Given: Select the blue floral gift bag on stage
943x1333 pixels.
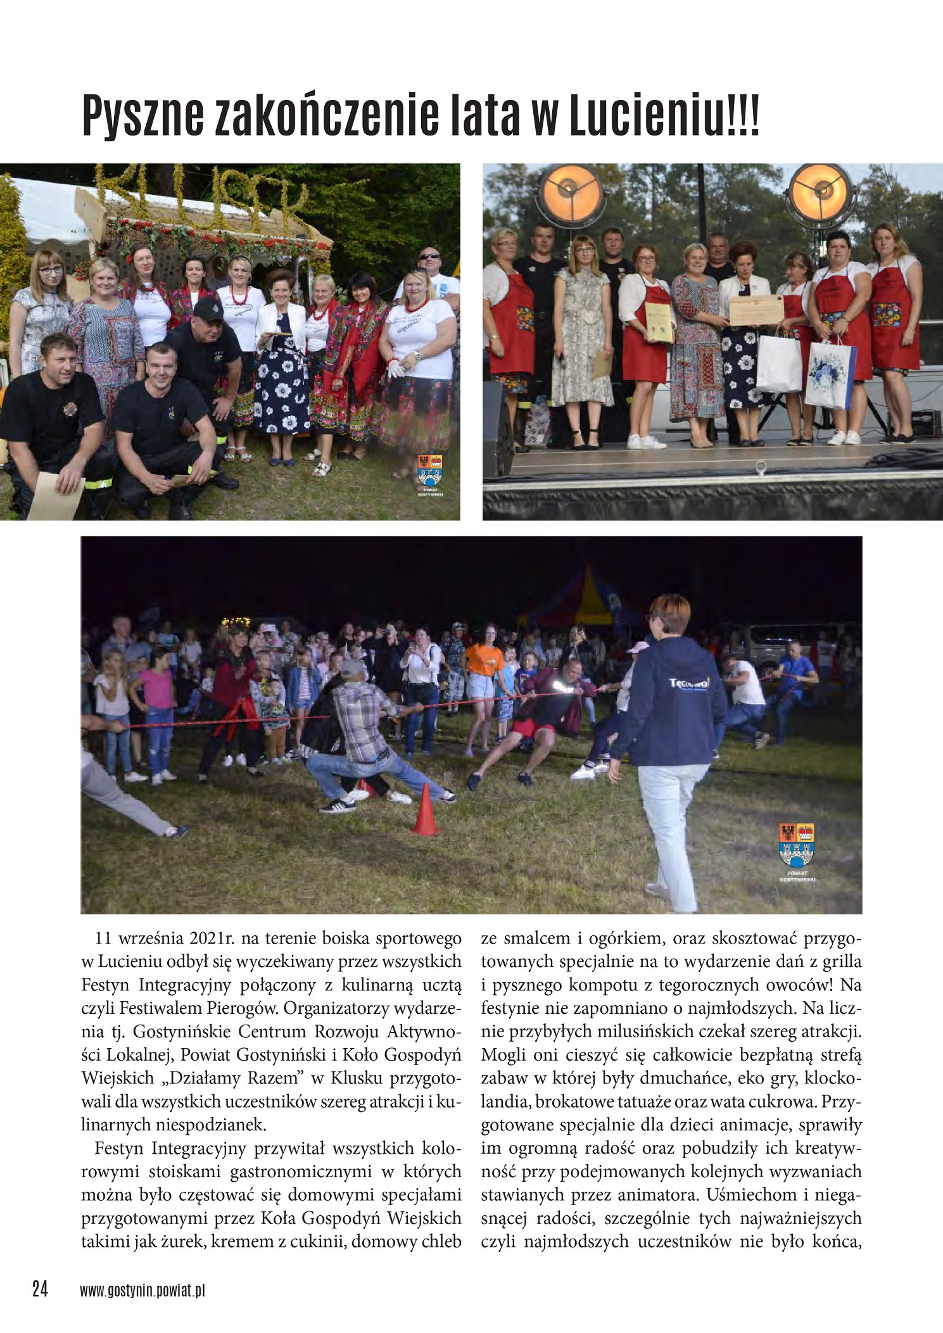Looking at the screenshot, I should click(830, 374).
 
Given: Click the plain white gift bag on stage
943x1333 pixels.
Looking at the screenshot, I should click(779, 363).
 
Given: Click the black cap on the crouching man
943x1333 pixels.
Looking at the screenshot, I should click(208, 308).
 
